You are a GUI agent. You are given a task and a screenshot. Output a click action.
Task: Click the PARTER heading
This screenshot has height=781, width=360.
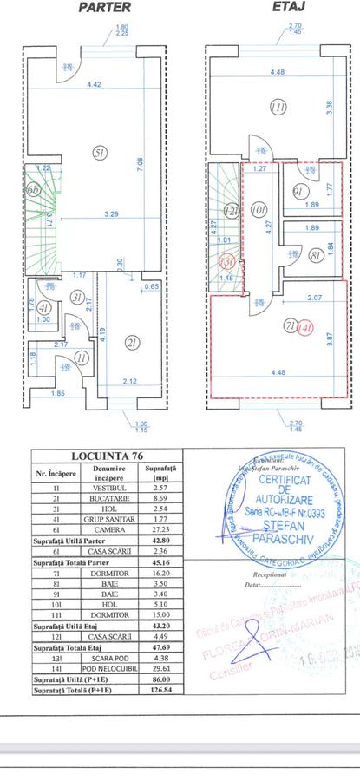click(105, 8)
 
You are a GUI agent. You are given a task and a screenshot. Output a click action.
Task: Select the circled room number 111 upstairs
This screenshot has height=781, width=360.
click(278, 108)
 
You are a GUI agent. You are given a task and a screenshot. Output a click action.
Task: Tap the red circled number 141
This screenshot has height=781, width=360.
click(304, 327)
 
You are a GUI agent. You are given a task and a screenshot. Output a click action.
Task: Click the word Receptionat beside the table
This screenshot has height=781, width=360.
click(270, 574)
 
